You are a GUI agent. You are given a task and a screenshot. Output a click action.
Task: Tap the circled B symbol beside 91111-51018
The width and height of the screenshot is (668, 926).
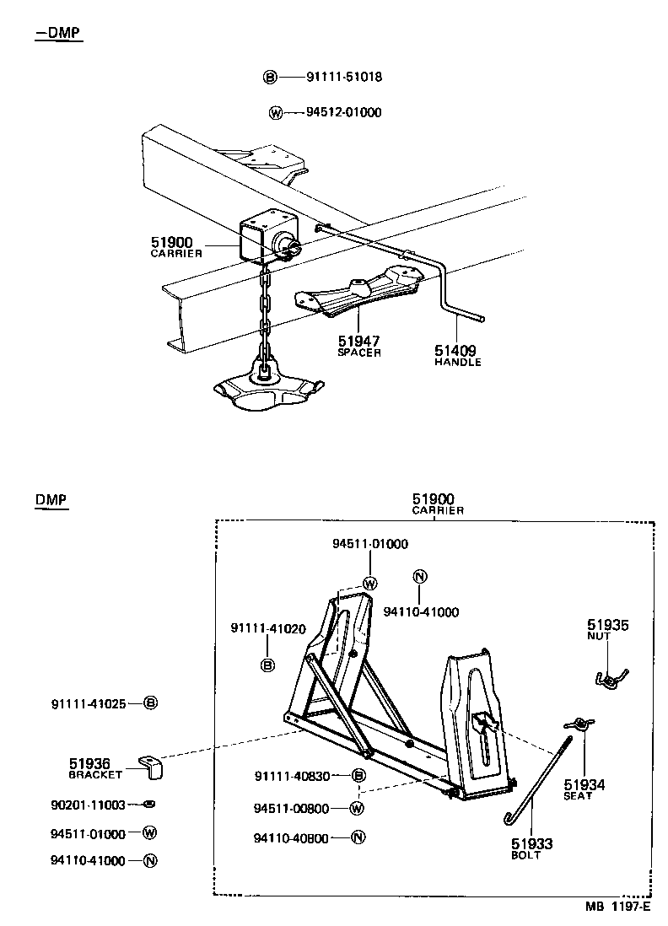point(270,78)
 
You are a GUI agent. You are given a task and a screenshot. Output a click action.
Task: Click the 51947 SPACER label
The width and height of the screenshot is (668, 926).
point(359,346)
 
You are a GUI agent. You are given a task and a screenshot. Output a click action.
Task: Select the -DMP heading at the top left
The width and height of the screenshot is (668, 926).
point(59,33)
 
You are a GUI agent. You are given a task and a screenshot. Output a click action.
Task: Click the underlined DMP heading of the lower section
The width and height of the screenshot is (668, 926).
point(51,500)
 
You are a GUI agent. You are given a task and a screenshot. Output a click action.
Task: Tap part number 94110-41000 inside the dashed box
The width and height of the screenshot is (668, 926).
point(421,611)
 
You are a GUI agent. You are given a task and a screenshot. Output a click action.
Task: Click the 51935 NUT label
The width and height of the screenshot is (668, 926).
point(607,630)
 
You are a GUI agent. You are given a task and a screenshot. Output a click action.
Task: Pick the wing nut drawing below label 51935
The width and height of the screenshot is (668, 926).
point(608,677)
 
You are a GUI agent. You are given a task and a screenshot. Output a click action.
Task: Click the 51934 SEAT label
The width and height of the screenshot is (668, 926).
point(584,789)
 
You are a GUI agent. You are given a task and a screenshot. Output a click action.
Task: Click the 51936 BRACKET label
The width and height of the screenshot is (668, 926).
point(95,767)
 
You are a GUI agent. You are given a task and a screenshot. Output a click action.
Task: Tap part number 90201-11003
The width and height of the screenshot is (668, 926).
point(89,805)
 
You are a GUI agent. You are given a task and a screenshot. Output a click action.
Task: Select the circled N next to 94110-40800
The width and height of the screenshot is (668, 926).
point(358,837)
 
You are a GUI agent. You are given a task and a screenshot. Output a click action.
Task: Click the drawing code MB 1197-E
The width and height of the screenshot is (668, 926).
point(618,907)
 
